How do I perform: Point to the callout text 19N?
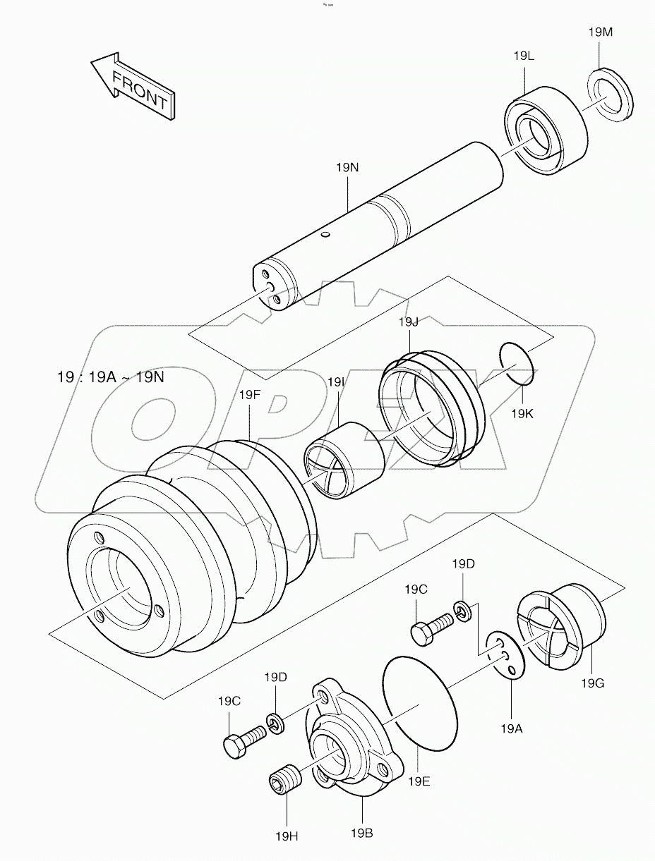[347, 168]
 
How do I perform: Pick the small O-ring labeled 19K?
[517, 363]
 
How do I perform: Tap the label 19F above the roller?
[249, 396]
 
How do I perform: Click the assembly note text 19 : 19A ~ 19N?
[111, 377]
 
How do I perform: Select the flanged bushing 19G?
[565, 627]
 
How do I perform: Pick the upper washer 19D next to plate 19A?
[462, 609]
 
